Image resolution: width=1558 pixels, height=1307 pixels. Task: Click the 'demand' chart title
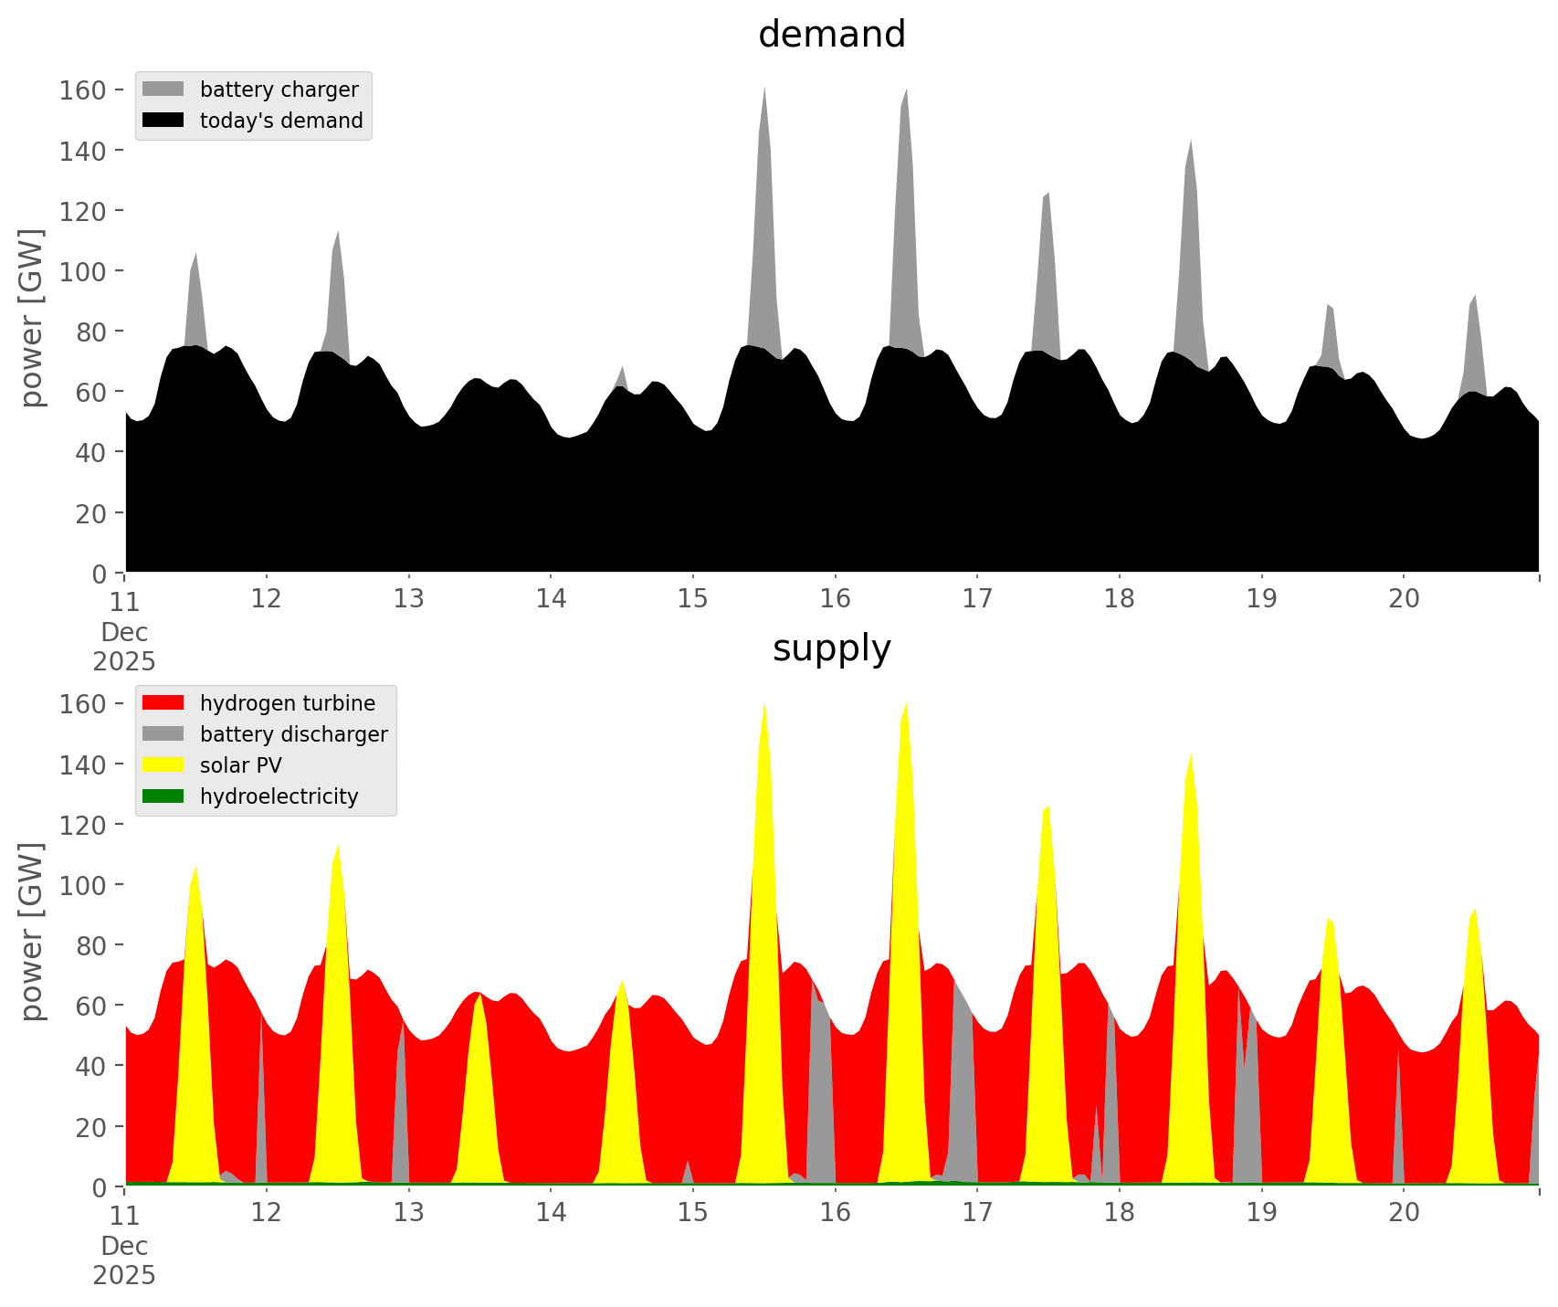(x=831, y=35)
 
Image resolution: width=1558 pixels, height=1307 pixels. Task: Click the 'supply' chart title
(x=831, y=648)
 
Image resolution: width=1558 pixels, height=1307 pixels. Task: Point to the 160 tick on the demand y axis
(x=82, y=90)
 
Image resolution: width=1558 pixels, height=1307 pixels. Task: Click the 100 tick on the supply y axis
(x=82, y=884)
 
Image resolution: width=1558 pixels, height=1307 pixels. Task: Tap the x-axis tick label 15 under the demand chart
(x=693, y=599)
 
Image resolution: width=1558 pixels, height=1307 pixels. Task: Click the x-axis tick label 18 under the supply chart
(x=1120, y=1213)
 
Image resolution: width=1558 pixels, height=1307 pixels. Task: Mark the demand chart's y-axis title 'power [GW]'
(x=32, y=318)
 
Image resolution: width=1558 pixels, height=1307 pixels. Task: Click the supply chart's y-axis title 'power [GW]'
(x=32, y=932)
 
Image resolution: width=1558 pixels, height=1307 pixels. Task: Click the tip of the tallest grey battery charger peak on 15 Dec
(x=764, y=87)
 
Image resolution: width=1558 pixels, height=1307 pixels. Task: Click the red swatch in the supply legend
(x=163, y=703)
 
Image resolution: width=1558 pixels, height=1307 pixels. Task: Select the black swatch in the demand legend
(x=163, y=121)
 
